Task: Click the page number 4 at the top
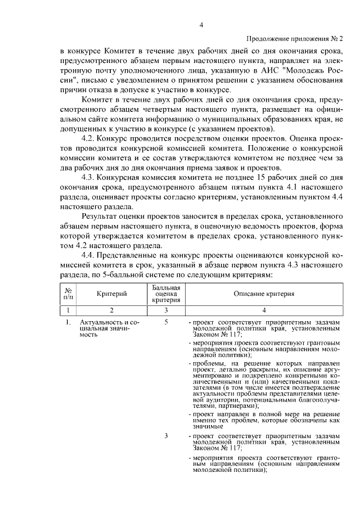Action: click(201, 25)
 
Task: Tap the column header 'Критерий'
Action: click(111, 293)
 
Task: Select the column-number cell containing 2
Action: click(111, 310)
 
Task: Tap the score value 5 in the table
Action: click(166, 322)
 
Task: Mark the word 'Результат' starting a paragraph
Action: click(102, 215)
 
